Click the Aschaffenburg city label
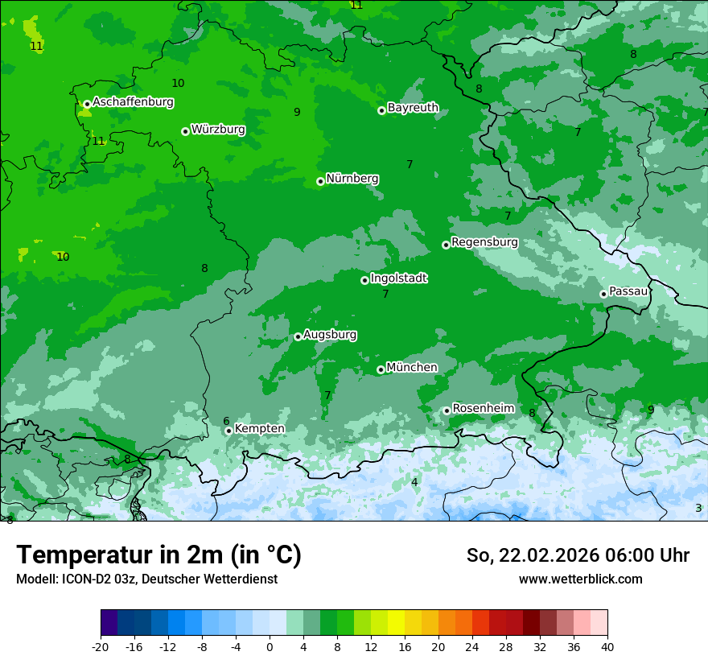pos(133,102)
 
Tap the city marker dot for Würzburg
pos(185,131)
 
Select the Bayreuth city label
pos(413,107)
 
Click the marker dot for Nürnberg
pos(320,181)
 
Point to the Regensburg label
pos(484,242)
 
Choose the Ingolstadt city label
pos(398,278)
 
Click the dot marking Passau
pos(603,294)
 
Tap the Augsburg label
pos(330,334)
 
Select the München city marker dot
pos(381,369)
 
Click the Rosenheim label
pos(483,408)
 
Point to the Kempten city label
pos(259,428)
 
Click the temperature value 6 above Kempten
pos(226,421)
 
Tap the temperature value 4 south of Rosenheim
pos(414,482)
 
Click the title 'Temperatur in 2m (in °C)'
pos(158,555)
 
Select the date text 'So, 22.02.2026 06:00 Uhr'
pos(578,555)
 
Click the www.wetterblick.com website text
pos(580,579)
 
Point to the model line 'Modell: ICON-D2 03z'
pos(146,579)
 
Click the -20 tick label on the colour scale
pos(101,646)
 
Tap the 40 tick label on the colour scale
pos(607,646)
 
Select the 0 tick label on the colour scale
pos(270,646)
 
